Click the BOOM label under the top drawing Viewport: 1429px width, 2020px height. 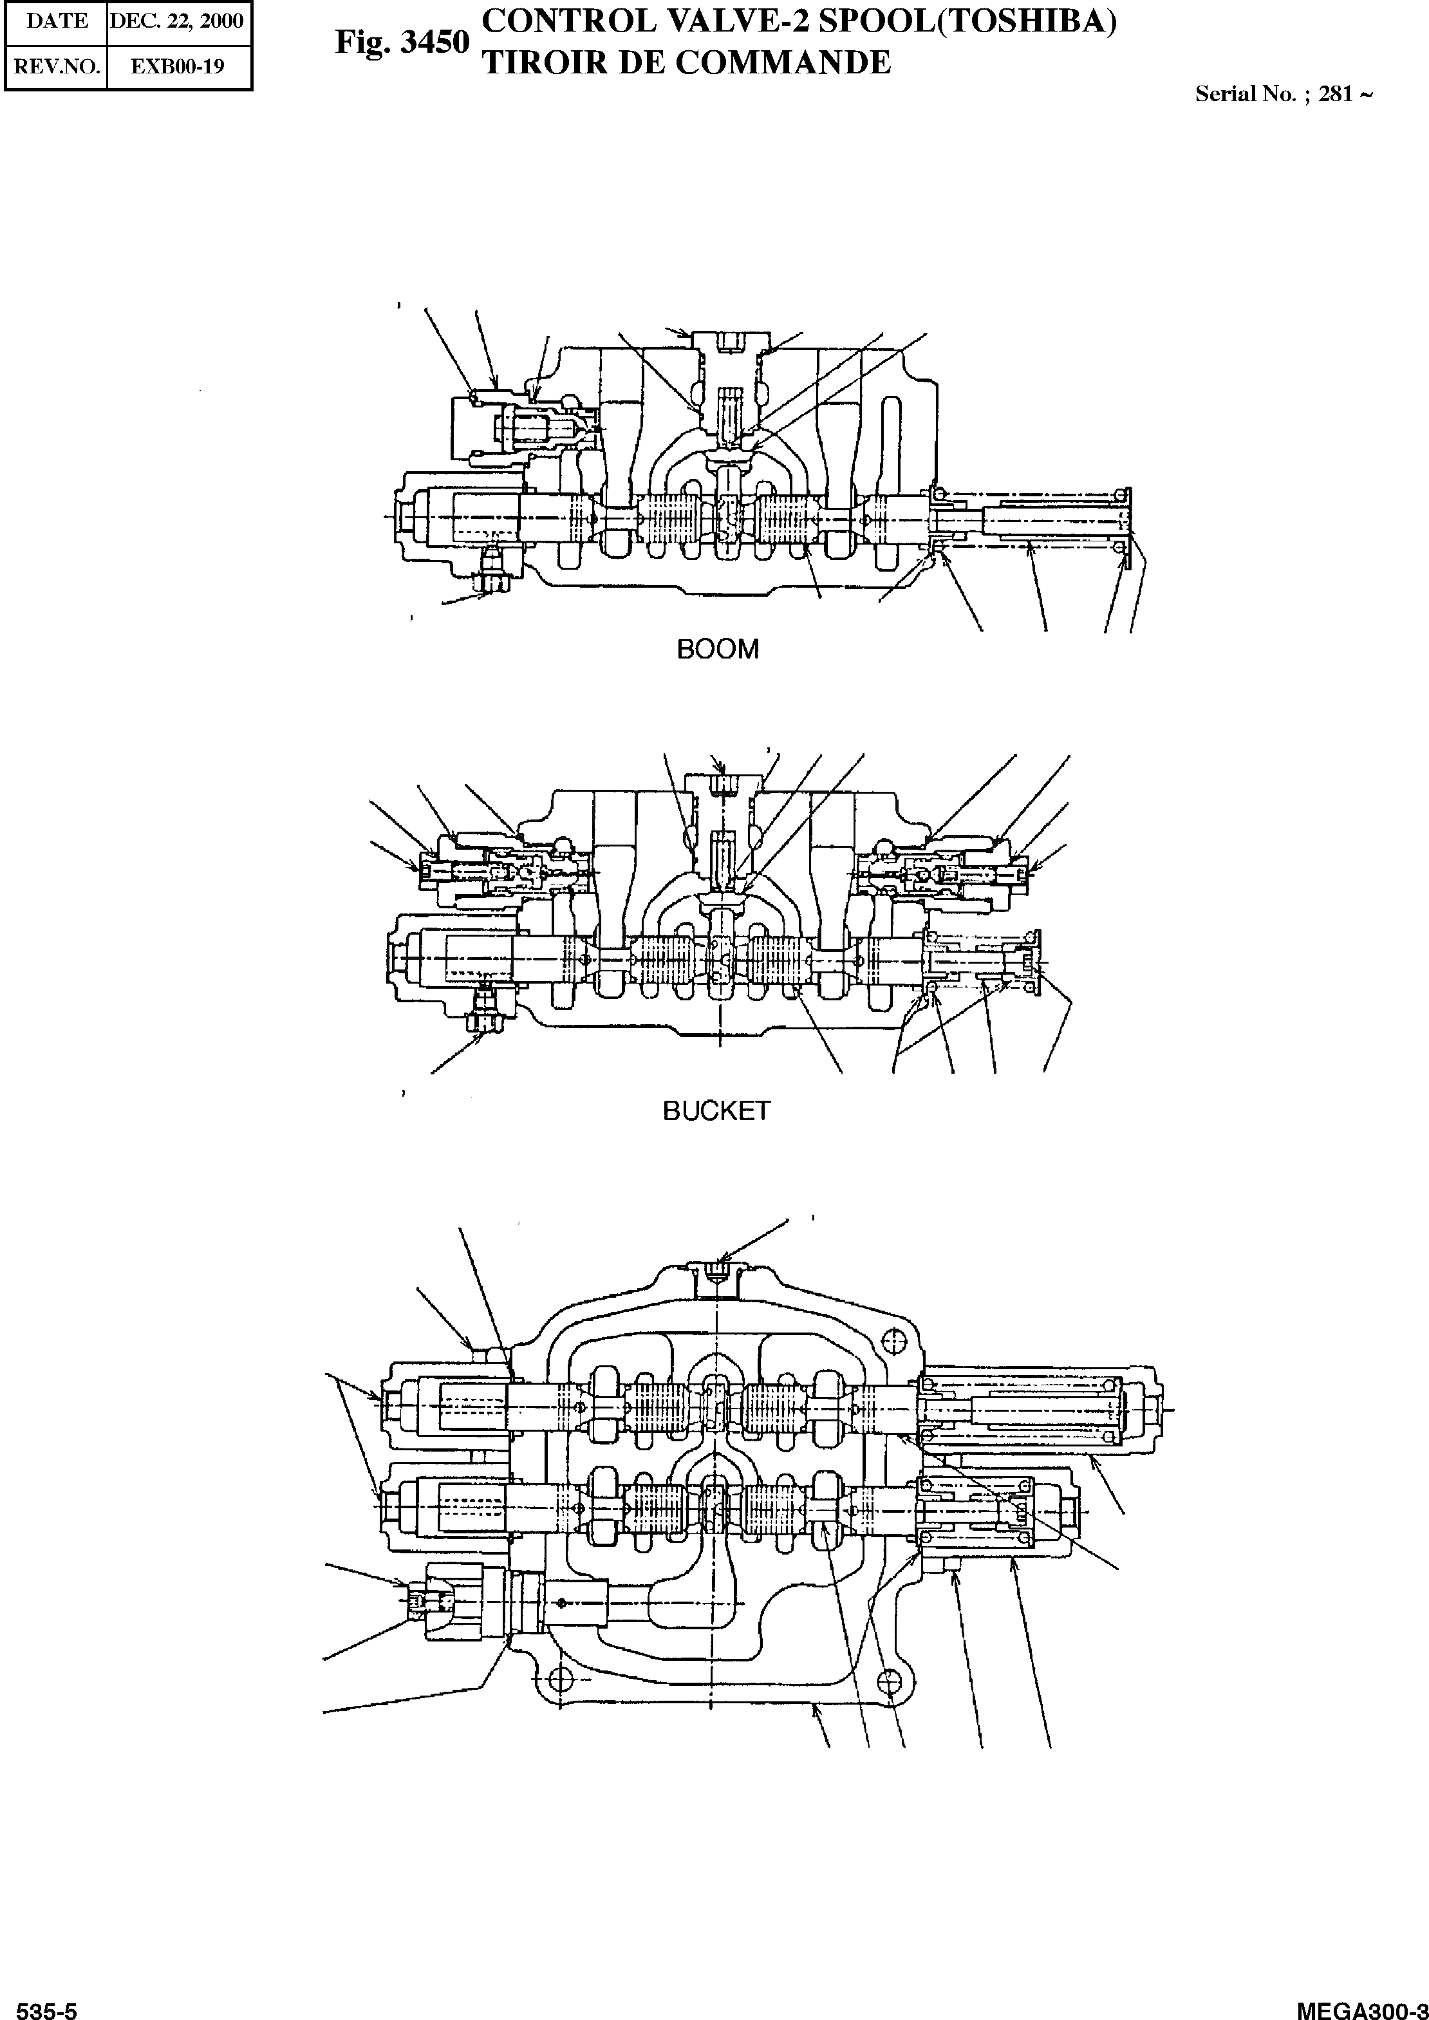click(x=717, y=650)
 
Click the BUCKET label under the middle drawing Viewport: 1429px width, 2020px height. click(x=716, y=1111)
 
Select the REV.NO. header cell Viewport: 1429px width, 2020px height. click(x=57, y=67)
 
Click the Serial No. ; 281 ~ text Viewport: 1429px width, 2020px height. click(x=1283, y=94)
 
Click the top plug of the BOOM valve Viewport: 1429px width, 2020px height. click(x=726, y=341)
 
